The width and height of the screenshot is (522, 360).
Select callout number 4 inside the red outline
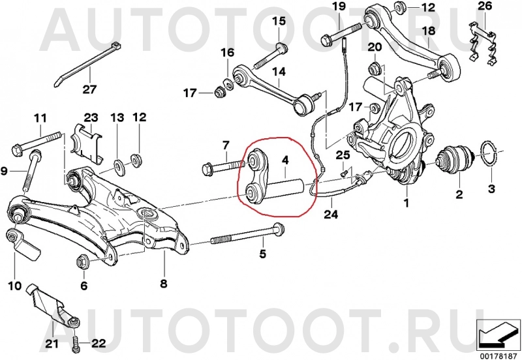point(284,158)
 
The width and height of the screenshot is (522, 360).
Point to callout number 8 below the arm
point(164,284)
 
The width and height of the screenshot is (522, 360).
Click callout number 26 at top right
point(484,7)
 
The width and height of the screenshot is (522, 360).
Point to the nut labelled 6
point(84,259)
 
